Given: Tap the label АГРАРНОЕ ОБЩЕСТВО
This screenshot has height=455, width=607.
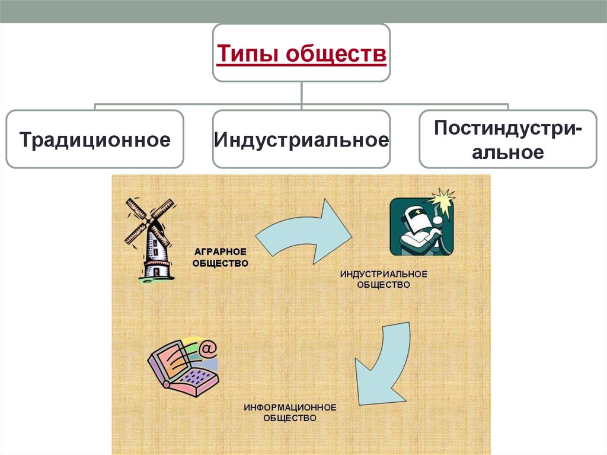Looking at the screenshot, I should [x=220, y=257].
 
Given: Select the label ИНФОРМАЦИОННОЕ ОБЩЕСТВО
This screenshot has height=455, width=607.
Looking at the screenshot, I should [x=290, y=412].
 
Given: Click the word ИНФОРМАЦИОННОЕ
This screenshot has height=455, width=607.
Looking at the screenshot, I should [x=290, y=408].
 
